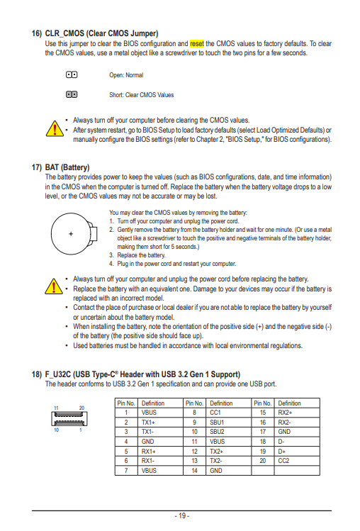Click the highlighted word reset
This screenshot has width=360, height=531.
(197, 44)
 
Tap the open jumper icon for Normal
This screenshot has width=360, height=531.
(72, 74)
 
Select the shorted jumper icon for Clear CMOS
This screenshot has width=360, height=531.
(72, 94)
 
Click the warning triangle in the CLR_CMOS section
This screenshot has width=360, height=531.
(55, 129)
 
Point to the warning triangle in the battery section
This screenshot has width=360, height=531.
(54, 286)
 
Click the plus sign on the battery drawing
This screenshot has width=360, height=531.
(71, 234)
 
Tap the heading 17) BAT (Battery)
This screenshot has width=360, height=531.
(61, 167)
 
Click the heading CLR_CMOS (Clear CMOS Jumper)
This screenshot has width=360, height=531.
(101, 33)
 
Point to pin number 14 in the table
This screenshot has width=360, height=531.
(194, 470)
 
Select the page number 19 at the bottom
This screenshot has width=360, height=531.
(182, 516)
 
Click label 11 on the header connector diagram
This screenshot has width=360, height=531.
(56, 408)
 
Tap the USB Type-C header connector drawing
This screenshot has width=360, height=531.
(69, 418)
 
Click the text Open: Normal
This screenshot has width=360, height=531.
(126, 75)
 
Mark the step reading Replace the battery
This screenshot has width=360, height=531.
(141, 255)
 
